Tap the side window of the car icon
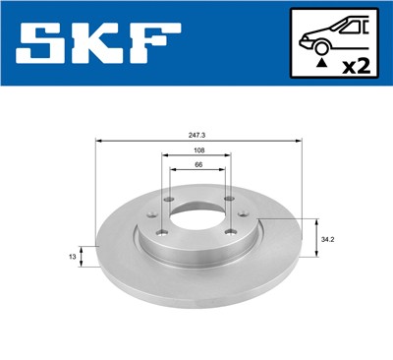coord(346,29)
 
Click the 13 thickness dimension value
coord(72,257)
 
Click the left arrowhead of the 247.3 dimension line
coord(98,141)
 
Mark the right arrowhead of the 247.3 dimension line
coord(296,141)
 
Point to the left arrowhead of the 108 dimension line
coord(164,155)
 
